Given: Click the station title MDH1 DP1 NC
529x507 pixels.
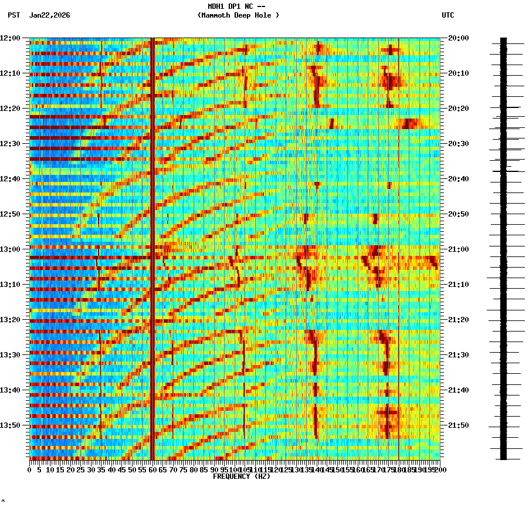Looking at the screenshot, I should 236,6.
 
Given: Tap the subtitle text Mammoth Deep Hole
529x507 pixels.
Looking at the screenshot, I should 238,15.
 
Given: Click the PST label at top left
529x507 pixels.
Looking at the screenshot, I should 13,15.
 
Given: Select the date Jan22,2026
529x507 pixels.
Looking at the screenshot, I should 49,15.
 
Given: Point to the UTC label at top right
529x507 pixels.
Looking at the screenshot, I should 447,15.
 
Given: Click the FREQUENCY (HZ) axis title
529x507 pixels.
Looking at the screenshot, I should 241,476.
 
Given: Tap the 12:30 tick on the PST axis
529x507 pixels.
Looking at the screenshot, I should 10,144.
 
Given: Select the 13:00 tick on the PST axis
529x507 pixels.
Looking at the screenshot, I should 10,249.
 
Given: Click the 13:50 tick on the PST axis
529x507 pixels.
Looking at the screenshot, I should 10,425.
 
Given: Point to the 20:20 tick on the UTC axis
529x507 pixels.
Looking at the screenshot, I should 458,109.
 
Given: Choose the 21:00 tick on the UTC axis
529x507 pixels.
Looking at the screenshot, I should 458,249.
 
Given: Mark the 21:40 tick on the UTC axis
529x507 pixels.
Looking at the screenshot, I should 458,390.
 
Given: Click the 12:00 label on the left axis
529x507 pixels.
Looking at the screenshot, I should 10,38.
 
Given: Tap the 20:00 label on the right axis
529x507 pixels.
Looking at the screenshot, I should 458,38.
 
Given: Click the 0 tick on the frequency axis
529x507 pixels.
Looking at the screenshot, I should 30,469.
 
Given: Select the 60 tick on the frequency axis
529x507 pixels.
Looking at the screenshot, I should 152,469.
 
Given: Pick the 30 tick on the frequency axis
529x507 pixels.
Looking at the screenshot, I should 91,469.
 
